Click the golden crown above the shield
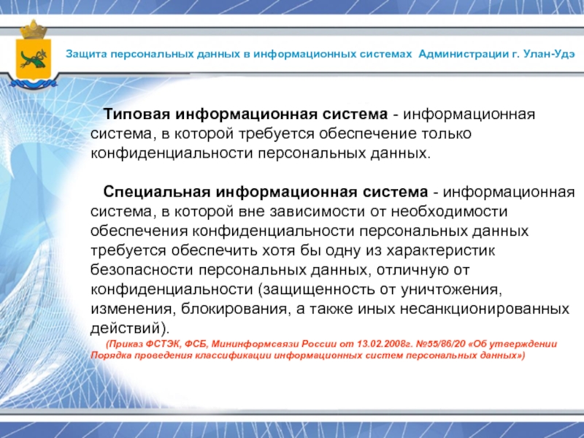(33, 30)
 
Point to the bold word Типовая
(137, 114)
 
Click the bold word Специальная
(157, 192)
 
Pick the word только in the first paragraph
(446, 134)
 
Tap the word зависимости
(317, 212)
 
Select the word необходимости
(449, 212)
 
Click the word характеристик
(441, 250)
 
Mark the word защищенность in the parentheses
(316, 289)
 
